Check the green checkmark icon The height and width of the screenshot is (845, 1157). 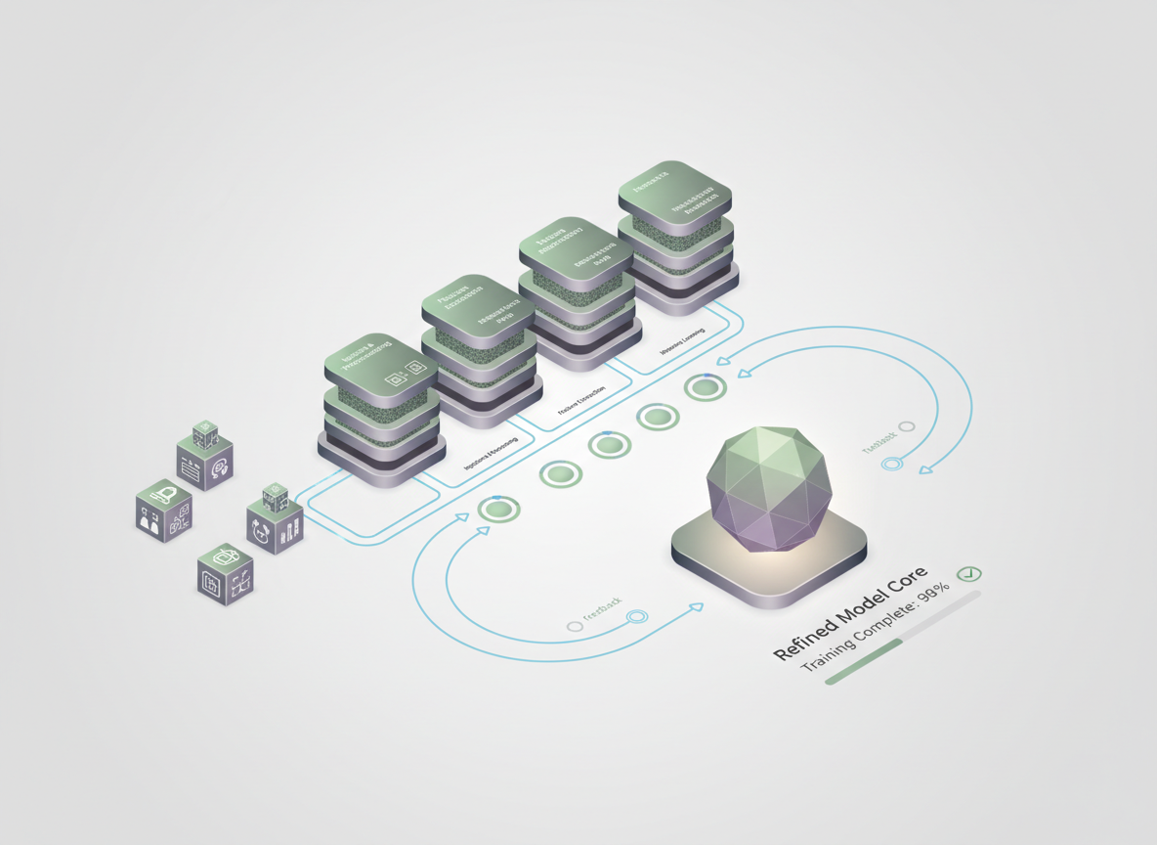point(969,573)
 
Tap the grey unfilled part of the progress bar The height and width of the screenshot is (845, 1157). point(943,616)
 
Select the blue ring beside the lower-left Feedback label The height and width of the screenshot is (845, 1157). point(637,616)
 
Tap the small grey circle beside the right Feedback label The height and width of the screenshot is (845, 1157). point(907,426)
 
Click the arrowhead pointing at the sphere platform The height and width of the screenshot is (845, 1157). point(697,607)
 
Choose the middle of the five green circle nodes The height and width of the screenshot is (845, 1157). point(609,445)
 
